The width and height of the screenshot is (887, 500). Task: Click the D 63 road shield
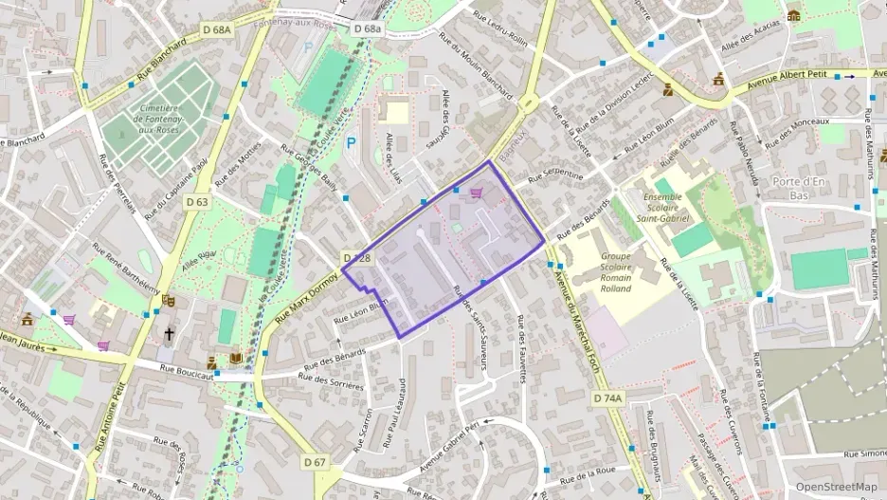click(197, 201)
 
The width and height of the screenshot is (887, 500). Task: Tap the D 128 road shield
click(356, 258)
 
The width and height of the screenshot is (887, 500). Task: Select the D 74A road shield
click(607, 398)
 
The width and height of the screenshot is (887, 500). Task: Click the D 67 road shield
click(316, 462)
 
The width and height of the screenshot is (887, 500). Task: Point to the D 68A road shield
click(217, 30)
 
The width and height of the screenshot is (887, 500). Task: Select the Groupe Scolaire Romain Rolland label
click(616, 272)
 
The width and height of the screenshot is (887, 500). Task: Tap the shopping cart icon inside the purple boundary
click(477, 193)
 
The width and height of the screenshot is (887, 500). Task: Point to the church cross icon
click(170, 334)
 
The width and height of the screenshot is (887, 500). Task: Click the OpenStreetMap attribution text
click(836, 487)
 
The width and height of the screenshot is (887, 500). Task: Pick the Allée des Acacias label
click(751, 35)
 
